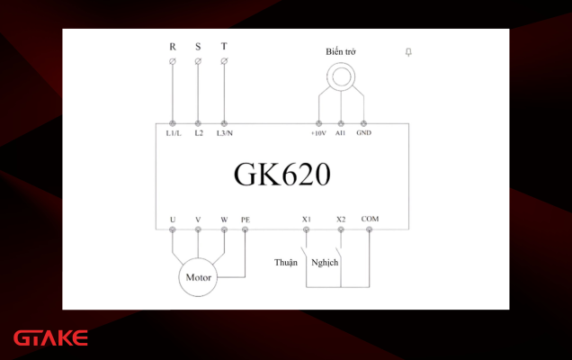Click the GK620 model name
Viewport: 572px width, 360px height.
pos(282,174)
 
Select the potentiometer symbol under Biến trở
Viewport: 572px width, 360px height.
pos(341,76)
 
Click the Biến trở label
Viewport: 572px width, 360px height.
pos(341,52)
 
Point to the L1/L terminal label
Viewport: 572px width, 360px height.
pos(174,133)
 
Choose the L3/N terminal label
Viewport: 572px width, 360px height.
pos(224,133)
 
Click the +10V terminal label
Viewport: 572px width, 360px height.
pos(318,133)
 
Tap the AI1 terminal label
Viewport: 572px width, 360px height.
pos(340,133)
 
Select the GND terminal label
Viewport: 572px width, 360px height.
pos(363,132)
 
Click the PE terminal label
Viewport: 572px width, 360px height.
pos(246,220)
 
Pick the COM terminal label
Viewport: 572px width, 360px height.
pos(370,219)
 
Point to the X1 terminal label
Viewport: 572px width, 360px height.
pos(307,220)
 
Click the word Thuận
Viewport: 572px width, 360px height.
pos(286,263)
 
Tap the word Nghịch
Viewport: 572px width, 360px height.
pos(325,263)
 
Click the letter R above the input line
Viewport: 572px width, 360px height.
pos(173,47)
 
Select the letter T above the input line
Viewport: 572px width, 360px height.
pos(224,47)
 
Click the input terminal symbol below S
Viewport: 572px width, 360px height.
pos(198,61)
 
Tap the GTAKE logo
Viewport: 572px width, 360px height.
pos(50,337)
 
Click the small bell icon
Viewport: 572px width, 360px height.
pos(408,52)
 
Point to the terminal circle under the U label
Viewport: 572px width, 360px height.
pos(173,229)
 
